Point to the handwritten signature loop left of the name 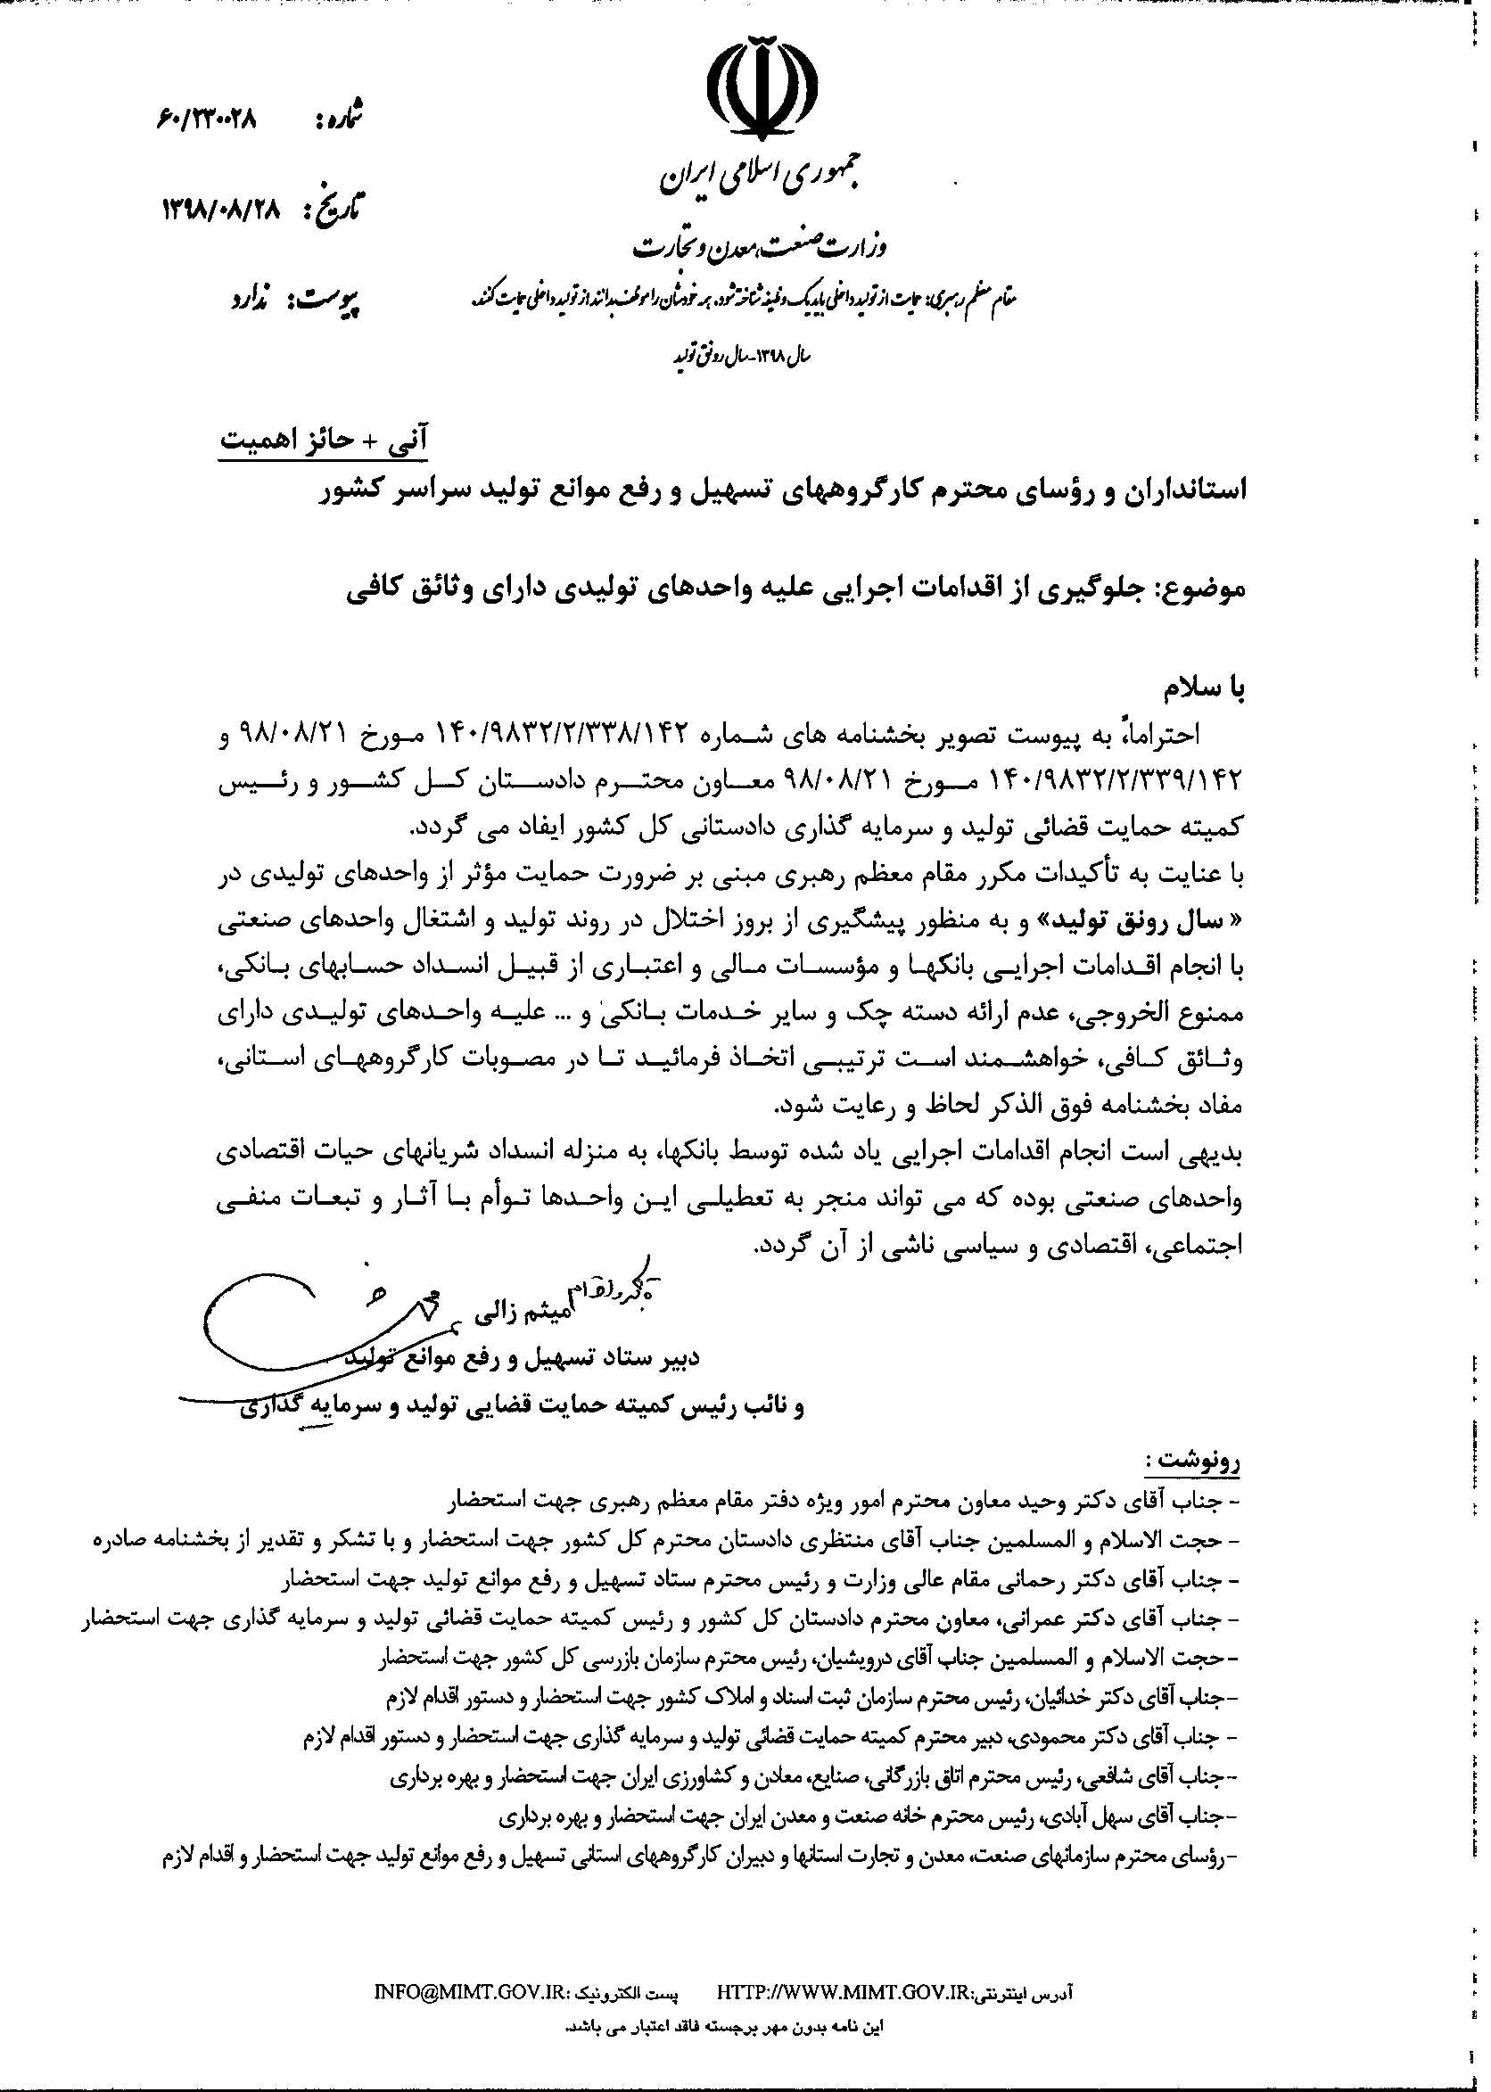click(x=276, y=1308)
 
